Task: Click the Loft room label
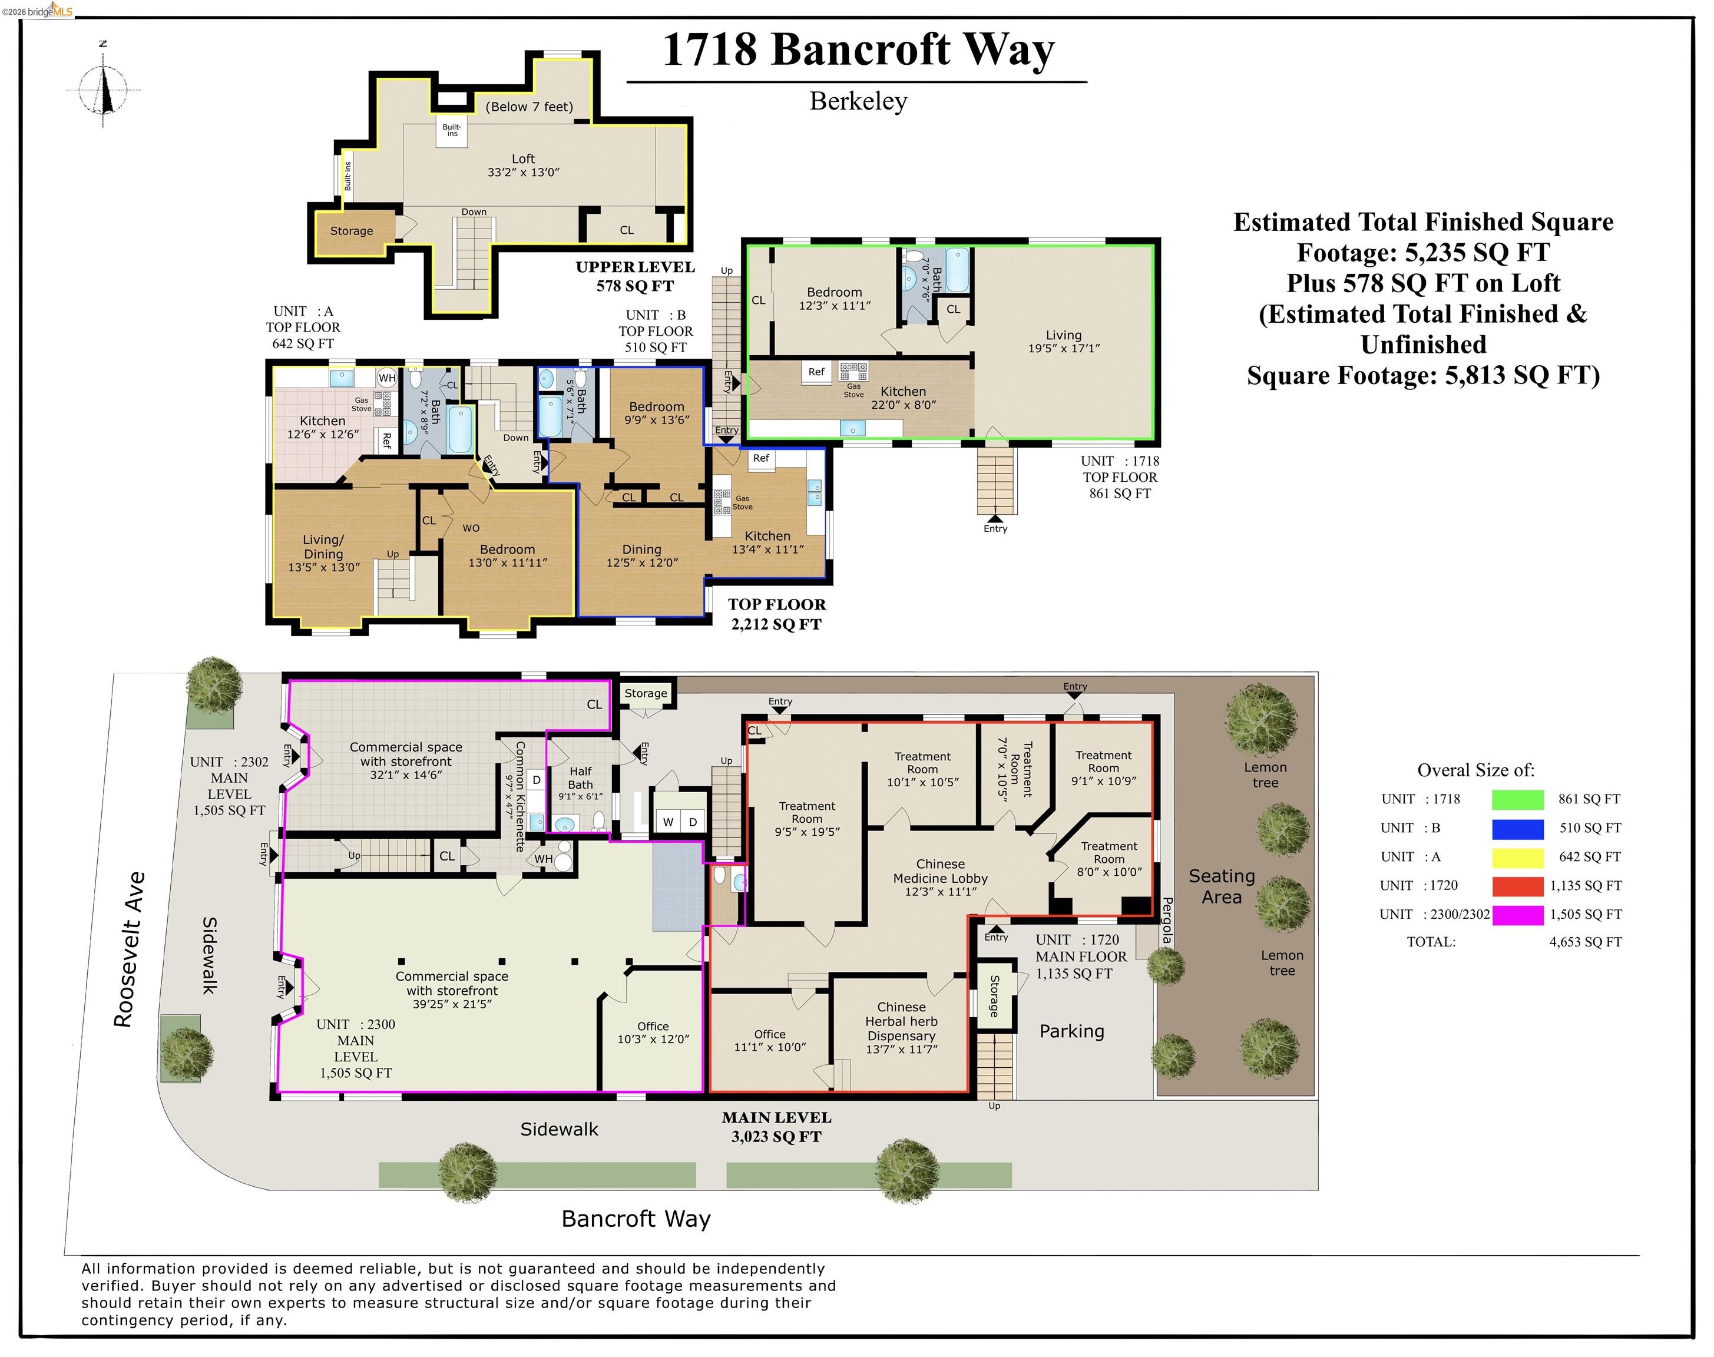tap(523, 164)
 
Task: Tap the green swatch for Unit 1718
tap(1517, 799)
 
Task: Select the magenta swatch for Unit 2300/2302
tap(1517, 915)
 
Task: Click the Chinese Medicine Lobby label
tap(940, 877)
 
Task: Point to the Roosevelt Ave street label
tap(130, 949)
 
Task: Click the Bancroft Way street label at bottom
tap(636, 1219)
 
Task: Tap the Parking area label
tap(1071, 1031)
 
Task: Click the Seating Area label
tap(1222, 886)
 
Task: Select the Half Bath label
tap(580, 778)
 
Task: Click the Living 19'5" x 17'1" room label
tap(1063, 341)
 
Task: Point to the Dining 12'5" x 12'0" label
tap(641, 555)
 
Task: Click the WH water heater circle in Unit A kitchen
tap(387, 378)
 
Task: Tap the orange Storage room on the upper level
tap(351, 231)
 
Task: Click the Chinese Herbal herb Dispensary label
tap(901, 1028)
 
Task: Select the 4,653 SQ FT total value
tap(1584, 942)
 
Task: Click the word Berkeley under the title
tap(858, 102)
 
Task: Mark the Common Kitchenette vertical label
tap(520, 796)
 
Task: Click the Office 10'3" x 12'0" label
tap(653, 1032)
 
